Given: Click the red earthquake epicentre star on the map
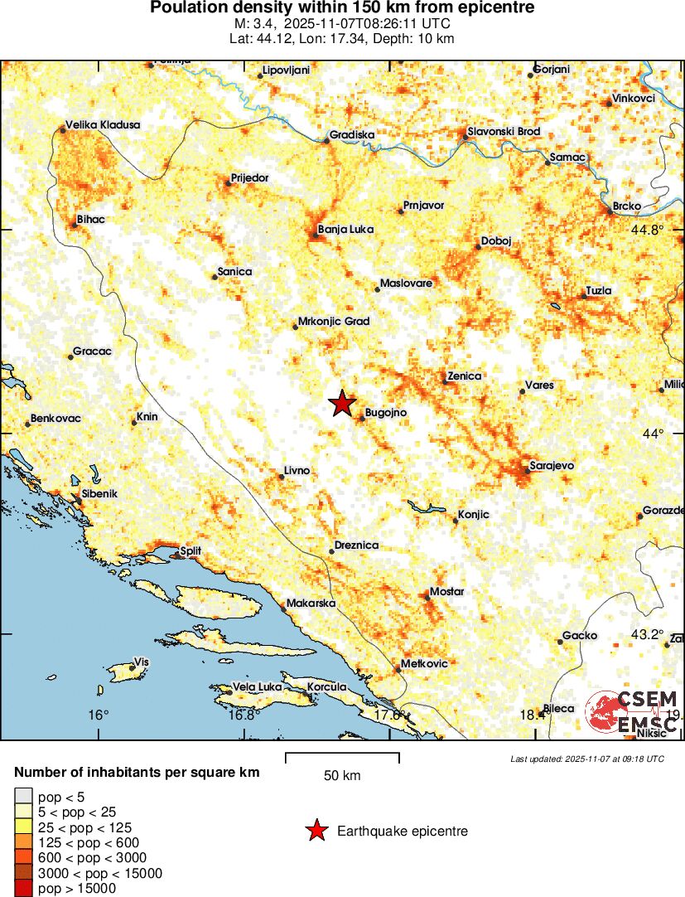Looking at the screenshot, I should tap(341, 404).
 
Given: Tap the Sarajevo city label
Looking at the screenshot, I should tap(552, 466).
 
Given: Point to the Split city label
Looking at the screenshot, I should tap(191, 550).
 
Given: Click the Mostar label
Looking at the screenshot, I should tap(447, 592).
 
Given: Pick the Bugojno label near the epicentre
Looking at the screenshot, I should tap(387, 412).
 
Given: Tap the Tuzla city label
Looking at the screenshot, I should tap(598, 291).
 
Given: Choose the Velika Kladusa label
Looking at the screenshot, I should tap(103, 125).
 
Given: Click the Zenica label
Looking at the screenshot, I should tap(464, 376).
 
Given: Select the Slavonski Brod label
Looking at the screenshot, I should tap(504, 132).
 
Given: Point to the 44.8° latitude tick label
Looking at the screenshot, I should tap(648, 230).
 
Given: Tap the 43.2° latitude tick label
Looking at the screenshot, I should tap(647, 634).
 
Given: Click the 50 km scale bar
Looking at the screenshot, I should tap(342, 758).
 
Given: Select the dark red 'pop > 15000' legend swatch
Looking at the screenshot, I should tap(23, 889).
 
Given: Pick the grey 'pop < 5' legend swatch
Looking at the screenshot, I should tap(23, 798).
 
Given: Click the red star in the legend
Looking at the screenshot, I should tap(316, 831).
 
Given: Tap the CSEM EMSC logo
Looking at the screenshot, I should tap(633, 711).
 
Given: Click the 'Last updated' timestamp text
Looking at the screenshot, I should tap(586, 759).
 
